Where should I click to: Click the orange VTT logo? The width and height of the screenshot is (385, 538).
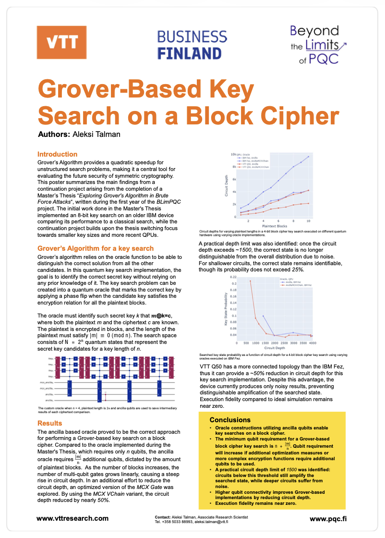click(x=62, y=41)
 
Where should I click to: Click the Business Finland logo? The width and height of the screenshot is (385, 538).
click(x=192, y=44)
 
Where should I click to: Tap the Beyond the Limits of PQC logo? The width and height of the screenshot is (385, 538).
click(x=318, y=45)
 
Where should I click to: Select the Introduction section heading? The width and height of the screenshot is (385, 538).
click(x=57, y=154)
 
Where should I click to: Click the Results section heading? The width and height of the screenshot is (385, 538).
click(x=50, y=423)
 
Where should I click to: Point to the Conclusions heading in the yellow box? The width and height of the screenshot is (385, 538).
click(x=230, y=420)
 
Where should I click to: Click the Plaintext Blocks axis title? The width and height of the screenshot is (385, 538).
click(x=275, y=226)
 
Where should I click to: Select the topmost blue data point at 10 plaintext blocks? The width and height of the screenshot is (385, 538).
click(x=308, y=157)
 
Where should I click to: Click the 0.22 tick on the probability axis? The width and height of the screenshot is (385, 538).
click(x=233, y=277)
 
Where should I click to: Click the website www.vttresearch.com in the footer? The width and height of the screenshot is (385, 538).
click(x=72, y=518)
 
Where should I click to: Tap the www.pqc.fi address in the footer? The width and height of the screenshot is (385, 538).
click(x=328, y=518)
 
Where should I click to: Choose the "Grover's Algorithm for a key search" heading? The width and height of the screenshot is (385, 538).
click(x=96, y=248)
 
